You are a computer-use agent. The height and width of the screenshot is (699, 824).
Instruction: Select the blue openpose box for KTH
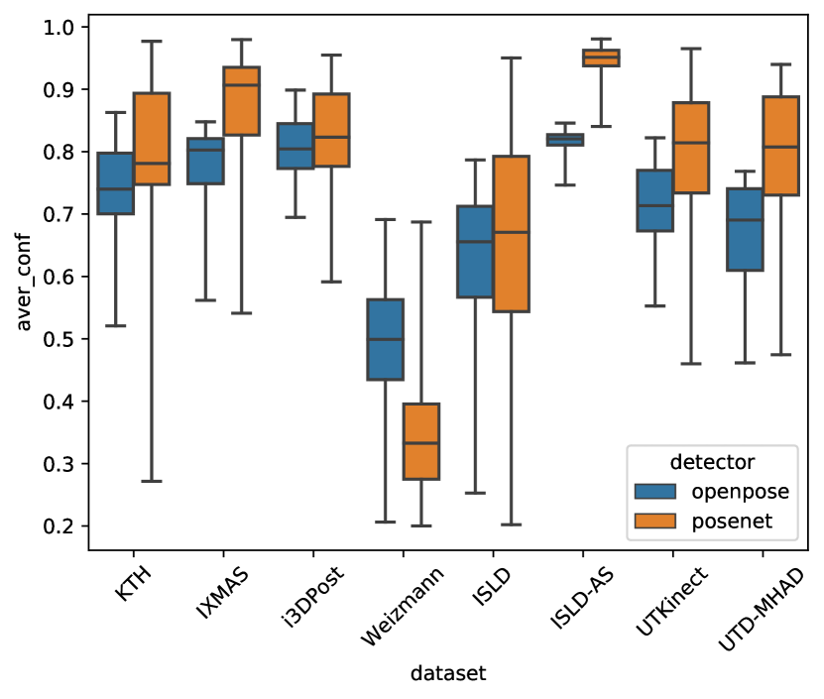[x=117, y=183]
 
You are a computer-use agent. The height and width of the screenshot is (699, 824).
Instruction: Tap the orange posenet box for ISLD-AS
[x=601, y=58]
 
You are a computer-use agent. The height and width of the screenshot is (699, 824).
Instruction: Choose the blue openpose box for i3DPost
[x=296, y=146]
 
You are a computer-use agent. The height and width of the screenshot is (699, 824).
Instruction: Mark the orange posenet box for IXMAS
[x=242, y=100]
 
